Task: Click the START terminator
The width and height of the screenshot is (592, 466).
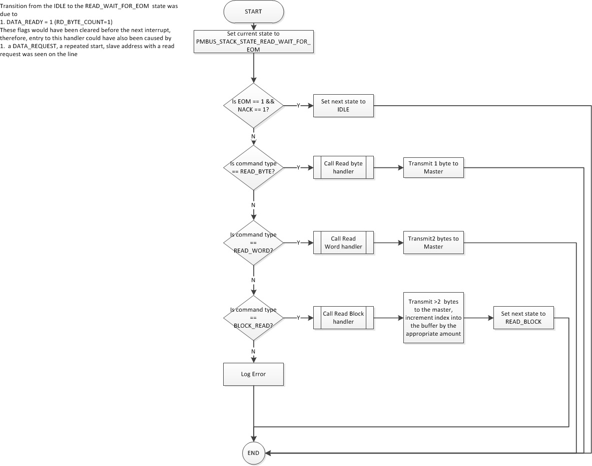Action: [253, 11]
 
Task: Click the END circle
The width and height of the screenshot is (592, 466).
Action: [253, 453]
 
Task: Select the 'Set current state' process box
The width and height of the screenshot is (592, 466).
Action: [253, 42]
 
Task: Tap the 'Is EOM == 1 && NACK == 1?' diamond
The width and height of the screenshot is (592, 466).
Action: [253, 105]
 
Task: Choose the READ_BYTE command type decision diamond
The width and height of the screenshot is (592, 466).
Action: [253, 167]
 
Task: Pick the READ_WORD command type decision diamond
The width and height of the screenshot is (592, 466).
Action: [253, 243]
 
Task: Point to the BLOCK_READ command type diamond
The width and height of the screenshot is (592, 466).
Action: [253, 318]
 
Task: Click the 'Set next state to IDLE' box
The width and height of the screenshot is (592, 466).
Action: [343, 105]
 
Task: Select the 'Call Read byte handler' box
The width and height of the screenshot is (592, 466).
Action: [343, 167]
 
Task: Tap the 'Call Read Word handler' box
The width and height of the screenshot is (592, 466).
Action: [343, 243]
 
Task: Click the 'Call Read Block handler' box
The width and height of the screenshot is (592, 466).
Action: [343, 318]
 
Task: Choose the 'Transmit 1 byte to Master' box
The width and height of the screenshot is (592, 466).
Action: [433, 167]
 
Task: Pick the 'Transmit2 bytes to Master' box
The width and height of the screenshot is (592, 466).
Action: [433, 243]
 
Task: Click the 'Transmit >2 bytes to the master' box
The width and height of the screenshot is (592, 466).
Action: [433, 318]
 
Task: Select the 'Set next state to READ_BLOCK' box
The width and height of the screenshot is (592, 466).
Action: [523, 318]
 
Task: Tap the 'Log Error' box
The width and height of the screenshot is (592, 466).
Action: [253, 374]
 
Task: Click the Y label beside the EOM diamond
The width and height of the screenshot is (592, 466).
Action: [298, 106]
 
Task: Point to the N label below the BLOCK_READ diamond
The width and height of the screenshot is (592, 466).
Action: [253, 351]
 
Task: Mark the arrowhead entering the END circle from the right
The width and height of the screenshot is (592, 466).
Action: [268, 453]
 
